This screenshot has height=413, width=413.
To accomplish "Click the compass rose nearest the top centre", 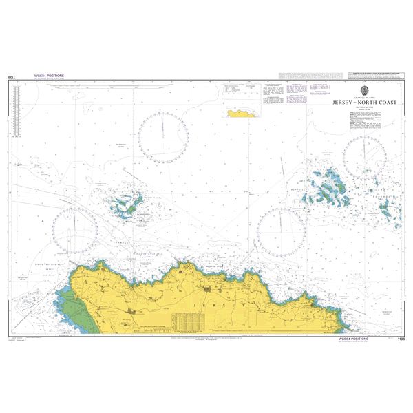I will [x=164, y=133].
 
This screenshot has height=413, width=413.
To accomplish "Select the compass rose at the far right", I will [x=366, y=158].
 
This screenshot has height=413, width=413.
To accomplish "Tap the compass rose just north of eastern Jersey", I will [x=281, y=230].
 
